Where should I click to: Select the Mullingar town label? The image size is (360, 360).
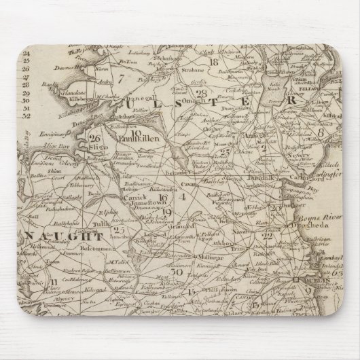204,259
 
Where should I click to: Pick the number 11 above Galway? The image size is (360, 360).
52,281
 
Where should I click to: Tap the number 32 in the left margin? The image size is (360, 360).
27,116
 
